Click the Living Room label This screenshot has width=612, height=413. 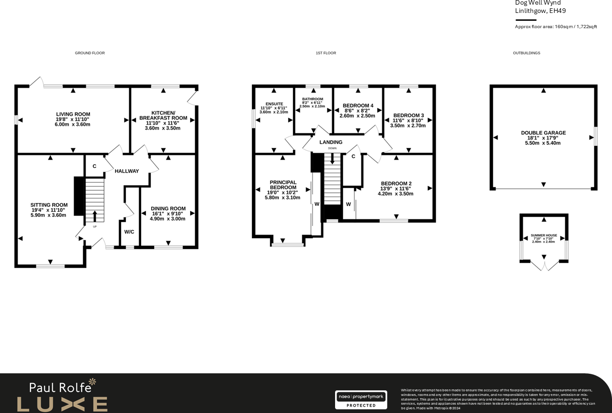[x=73, y=114]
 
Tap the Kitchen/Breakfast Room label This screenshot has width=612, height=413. [x=163, y=115]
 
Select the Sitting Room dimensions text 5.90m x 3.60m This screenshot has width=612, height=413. [x=49, y=215]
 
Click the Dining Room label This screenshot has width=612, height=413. [x=168, y=209]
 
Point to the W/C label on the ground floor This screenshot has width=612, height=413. [x=129, y=232]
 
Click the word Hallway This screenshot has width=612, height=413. [x=127, y=171]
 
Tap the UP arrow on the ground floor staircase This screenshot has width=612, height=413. [x=95, y=216]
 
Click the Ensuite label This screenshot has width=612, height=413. [x=274, y=104]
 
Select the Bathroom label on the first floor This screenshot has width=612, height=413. [x=312, y=99]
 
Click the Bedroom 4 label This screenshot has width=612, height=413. [x=358, y=106]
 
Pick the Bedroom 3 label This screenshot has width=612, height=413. [x=408, y=115]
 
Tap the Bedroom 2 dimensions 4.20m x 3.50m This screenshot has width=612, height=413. [x=396, y=194]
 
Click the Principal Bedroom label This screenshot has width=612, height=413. [x=283, y=185]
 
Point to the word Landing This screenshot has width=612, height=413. [x=331, y=142]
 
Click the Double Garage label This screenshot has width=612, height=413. [x=543, y=133]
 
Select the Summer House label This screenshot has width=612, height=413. [x=544, y=235]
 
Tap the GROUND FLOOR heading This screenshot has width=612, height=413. [x=90, y=53]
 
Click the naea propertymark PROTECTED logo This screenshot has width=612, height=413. [x=361, y=400]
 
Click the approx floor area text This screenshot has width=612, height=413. [x=556, y=27]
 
